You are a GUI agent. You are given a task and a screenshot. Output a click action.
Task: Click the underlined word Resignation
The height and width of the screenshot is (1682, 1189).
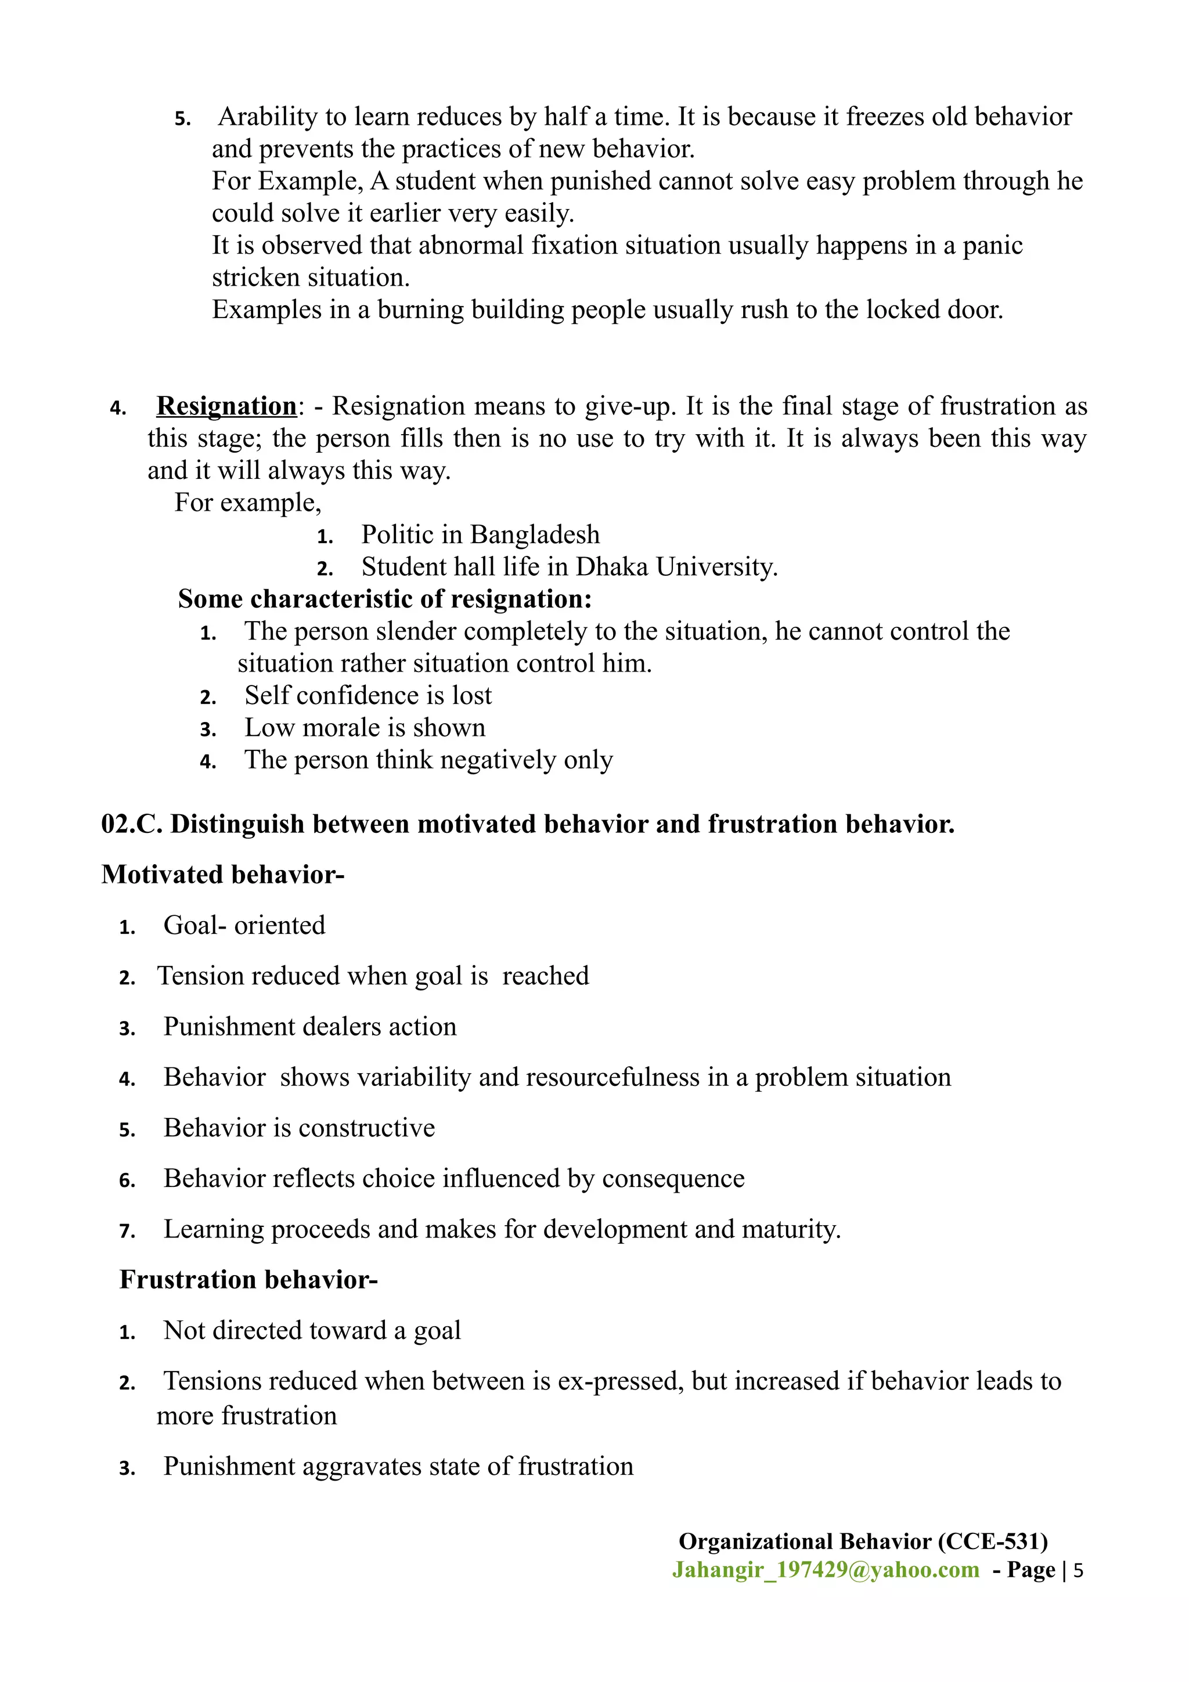tap(226, 406)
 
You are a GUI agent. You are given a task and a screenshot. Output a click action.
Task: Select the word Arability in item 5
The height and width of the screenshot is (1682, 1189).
tap(268, 117)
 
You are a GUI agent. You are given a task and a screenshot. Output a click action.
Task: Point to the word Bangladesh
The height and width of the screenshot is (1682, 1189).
tap(535, 535)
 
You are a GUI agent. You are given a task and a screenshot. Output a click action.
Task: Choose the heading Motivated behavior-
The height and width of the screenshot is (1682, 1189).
tap(223, 875)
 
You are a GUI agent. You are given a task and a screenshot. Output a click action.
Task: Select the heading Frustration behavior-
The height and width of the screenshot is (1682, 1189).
tap(248, 1280)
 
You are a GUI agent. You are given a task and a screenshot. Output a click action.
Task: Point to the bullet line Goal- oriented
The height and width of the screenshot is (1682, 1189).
tap(244, 925)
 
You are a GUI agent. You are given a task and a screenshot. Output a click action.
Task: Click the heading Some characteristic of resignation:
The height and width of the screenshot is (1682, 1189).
tap(384, 599)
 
